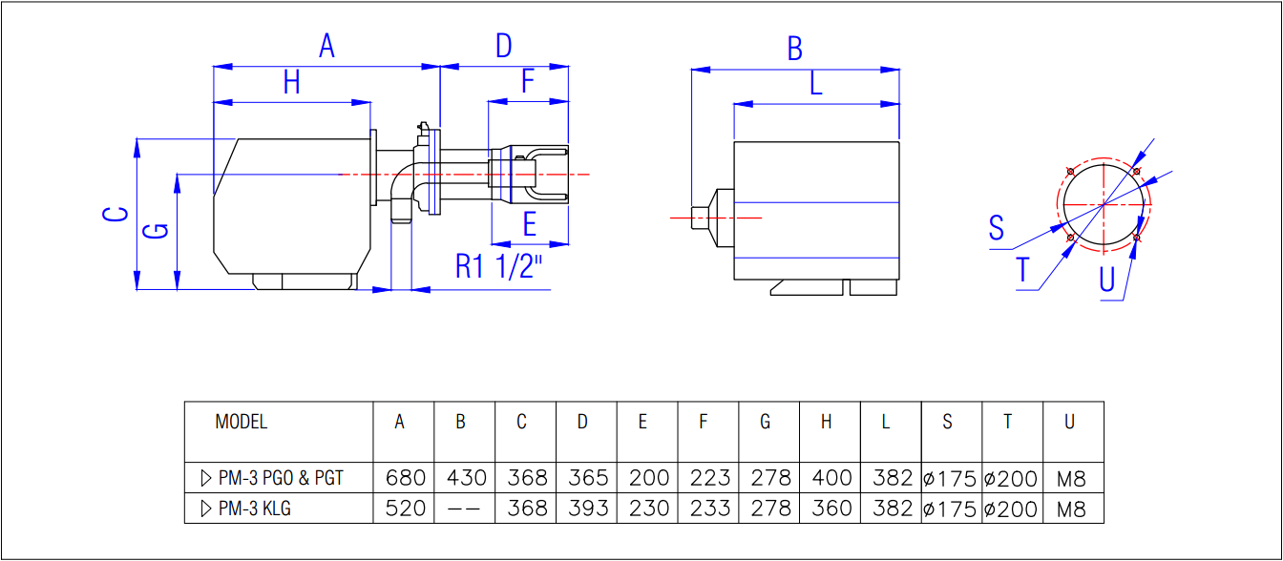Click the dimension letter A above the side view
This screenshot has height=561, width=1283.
(x=326, y=45)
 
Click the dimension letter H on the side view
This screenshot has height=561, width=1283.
(x=291, y=84)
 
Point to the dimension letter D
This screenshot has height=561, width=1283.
(x=504, y=45)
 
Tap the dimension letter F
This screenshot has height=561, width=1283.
(x=528, y=83)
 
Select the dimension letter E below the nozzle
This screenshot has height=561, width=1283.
(x=530, y=224)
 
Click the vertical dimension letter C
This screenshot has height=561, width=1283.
(x=116, y=214)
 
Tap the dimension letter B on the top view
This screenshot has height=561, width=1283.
(x=794, y=50)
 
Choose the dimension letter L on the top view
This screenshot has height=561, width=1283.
(x=815, y=85)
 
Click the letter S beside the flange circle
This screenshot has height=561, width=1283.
(x=997, y=228)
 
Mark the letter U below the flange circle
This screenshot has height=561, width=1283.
(x=1106, y=280)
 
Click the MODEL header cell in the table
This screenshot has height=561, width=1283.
(x=242, y=422)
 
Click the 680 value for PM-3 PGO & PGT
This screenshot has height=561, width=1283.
(x=405, y=478)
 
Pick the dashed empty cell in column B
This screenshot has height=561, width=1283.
(x=465, y=509)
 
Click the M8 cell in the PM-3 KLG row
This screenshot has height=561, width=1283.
(x=1072, y=509)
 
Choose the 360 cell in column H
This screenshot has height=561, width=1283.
(x=831, y=509)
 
